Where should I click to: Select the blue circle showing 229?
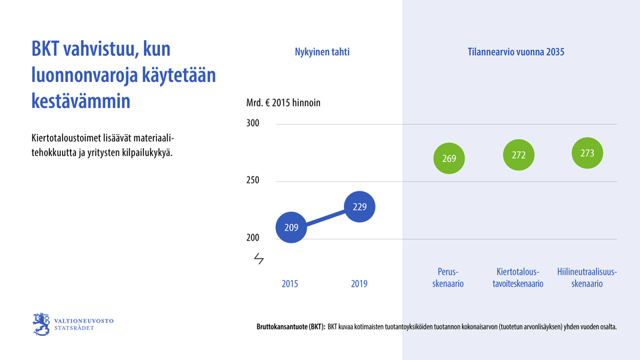[359, 207]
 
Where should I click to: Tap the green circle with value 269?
[449, 159]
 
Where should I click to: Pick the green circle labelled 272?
[519, 155]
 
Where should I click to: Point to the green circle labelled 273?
[587, 153]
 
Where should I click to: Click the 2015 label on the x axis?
[290, 283]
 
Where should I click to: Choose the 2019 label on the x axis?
[359, 283]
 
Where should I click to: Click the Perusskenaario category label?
[449, 277]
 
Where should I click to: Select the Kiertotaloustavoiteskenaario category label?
[519, 277]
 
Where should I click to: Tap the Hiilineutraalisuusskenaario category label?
[587, 277]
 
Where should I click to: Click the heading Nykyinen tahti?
[322, 52]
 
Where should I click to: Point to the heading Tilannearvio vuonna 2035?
[516, 52]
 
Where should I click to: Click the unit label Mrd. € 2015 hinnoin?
[283, 103]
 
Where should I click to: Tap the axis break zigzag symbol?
[259, 258]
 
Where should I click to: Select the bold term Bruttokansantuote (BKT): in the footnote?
[291, 327]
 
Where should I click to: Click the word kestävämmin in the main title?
[81, 101]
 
